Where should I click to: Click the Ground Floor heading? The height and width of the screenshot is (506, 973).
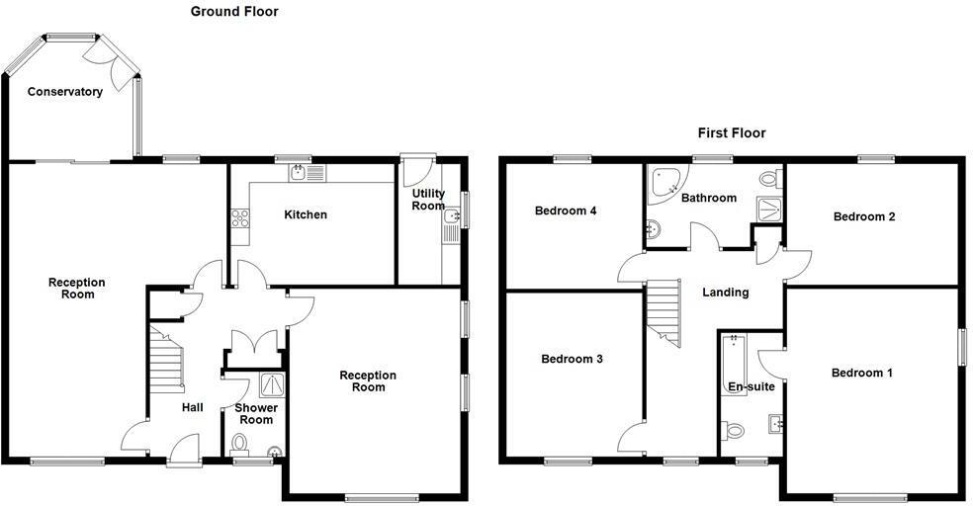233,12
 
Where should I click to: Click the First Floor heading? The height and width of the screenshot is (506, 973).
731,132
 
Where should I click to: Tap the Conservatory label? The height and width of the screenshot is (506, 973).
65,92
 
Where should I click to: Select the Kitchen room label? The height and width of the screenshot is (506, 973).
306,214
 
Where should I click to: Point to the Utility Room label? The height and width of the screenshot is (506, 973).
428,200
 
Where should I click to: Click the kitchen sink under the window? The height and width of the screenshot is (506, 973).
308,173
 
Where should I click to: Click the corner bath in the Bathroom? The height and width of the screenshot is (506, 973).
663,182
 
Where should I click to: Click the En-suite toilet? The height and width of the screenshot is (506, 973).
734,431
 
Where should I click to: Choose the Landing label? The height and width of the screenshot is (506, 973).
725,293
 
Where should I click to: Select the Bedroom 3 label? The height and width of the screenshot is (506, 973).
572,359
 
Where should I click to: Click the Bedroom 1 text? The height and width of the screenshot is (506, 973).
861,373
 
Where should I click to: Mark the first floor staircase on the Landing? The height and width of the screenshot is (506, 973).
663,311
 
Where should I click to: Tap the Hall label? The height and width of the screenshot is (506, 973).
192,407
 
